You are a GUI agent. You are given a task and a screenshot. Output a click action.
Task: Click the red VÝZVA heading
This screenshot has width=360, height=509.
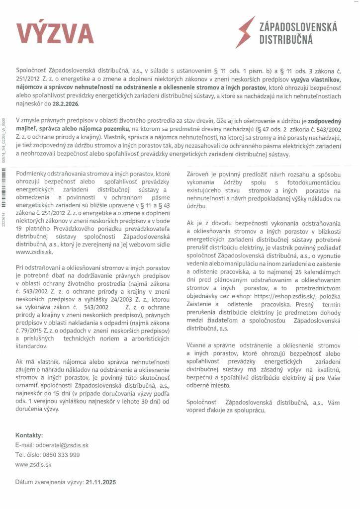tap(55, 33)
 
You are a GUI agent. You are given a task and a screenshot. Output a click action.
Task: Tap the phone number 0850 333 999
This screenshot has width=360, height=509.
tap(61, 455)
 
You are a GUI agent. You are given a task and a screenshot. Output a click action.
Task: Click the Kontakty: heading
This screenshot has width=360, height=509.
tap(29, 435)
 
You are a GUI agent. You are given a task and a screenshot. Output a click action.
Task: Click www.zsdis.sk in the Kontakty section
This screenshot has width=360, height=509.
tap(33, 464)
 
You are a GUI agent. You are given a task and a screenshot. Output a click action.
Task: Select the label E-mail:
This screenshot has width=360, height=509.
tap(24, 445)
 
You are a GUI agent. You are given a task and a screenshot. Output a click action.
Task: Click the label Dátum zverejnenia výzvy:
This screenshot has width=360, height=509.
tap(49, 482)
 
